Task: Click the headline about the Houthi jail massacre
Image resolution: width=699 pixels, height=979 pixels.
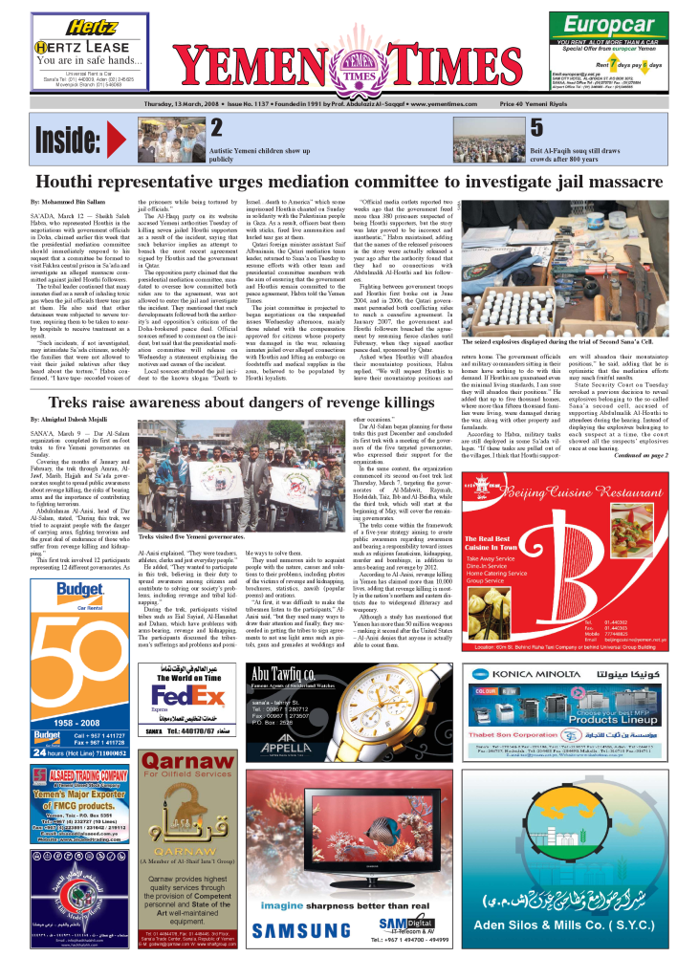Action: (350, 182)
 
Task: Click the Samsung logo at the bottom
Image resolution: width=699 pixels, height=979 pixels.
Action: (295, 930)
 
